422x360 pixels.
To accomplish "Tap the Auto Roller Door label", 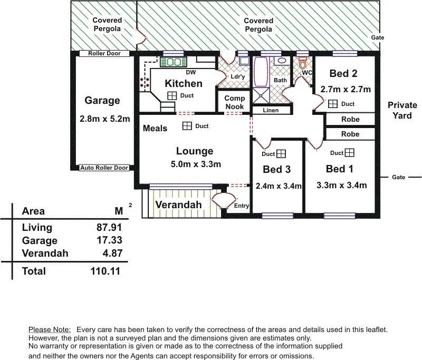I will coord(104,168).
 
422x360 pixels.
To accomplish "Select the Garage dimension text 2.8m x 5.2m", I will coord(105,119).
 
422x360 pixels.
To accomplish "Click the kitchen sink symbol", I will coord(174,62).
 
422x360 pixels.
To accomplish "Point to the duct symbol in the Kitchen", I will coord(172,95).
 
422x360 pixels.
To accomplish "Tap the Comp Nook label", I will coord(234,102).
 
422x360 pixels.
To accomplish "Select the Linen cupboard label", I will coord(270,110).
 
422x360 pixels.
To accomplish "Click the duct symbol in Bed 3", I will coord(281,153).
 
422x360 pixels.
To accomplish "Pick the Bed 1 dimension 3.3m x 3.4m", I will coord(341,185).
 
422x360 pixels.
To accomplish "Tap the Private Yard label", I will coord(402,110).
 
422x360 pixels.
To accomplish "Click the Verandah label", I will coord(178,205).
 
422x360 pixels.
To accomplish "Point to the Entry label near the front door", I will coord(242,206).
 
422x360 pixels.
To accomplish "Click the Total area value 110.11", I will coord(105,271).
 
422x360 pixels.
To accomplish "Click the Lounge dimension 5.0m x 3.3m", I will coord(195,164).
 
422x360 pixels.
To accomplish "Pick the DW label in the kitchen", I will coord(191,72).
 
